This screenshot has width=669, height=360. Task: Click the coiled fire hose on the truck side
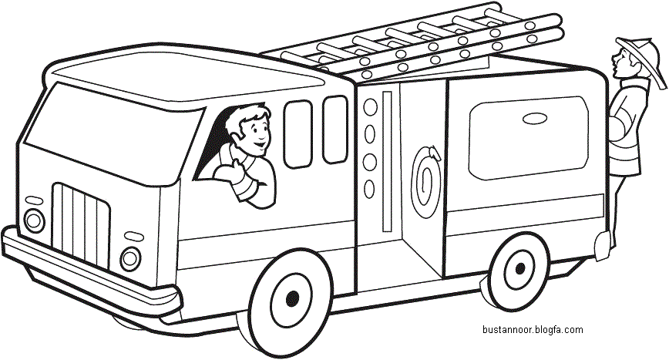[425, 181]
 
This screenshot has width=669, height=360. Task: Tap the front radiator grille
[81, 225]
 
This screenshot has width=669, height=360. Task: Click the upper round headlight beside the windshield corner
[34, 220]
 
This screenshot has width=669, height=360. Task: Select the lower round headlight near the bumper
[130, 258]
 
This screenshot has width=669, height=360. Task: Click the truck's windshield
[112, 133]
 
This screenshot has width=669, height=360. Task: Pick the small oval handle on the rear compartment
[535, 119]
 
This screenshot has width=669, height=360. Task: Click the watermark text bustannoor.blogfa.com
[533, 330]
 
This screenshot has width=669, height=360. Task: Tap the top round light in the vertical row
[370, 107]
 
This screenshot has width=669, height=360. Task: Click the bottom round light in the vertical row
[369, 189]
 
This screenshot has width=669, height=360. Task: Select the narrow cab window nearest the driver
[298, 134]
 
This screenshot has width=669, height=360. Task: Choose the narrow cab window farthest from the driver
[335, 130]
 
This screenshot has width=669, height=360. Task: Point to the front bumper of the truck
[89, 273]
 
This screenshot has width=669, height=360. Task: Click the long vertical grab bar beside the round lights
[387, 161]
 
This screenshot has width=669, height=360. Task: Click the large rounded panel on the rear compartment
[529, 138]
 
